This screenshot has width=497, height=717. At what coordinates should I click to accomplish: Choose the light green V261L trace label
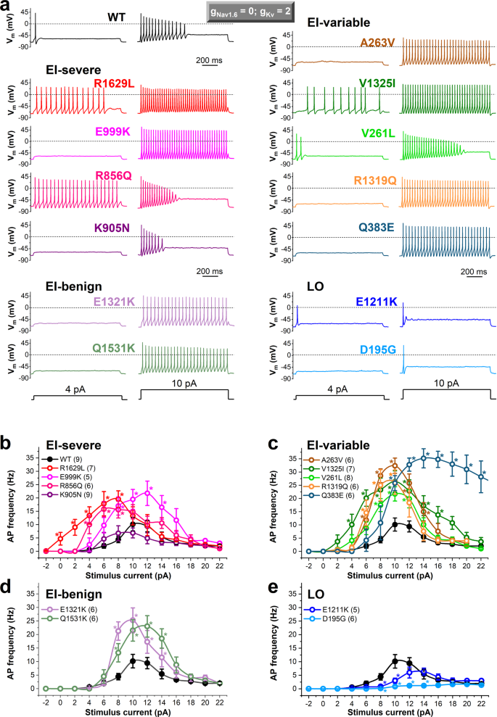(x=374, y=131)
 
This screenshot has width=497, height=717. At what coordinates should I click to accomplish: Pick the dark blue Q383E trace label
(x=374, y=227)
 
